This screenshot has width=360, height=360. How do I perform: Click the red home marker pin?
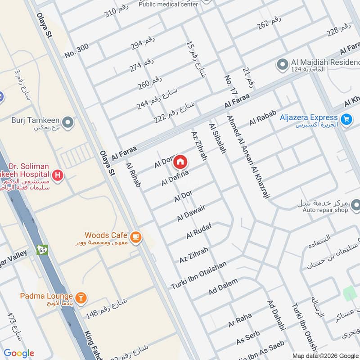[180, 162]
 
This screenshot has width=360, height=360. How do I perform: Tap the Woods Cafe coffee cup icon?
[135, 236]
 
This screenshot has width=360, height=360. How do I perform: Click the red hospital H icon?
[57, 175]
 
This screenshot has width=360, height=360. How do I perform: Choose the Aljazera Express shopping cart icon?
[346, 119]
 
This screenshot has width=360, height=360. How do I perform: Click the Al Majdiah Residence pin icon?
[282, 65]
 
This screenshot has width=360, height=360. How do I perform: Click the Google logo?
[19, 353]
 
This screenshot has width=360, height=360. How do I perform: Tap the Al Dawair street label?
[191, 212]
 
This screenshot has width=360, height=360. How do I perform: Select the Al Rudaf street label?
[198, 230]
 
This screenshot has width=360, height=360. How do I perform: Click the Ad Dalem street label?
[223, 287]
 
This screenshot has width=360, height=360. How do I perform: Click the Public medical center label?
[168, 4]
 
